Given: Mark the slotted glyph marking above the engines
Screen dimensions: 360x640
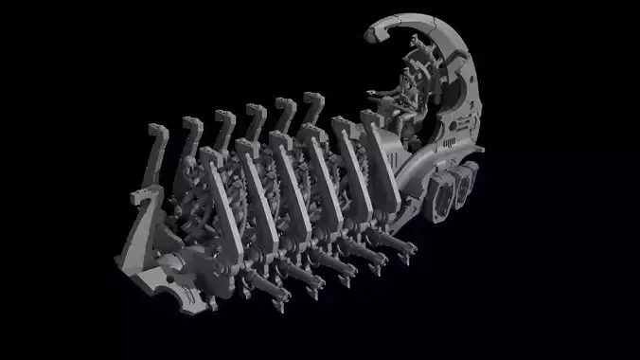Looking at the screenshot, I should (x=446, y=146).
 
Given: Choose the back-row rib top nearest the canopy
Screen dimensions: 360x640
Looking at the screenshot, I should (x=312, y=99).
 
